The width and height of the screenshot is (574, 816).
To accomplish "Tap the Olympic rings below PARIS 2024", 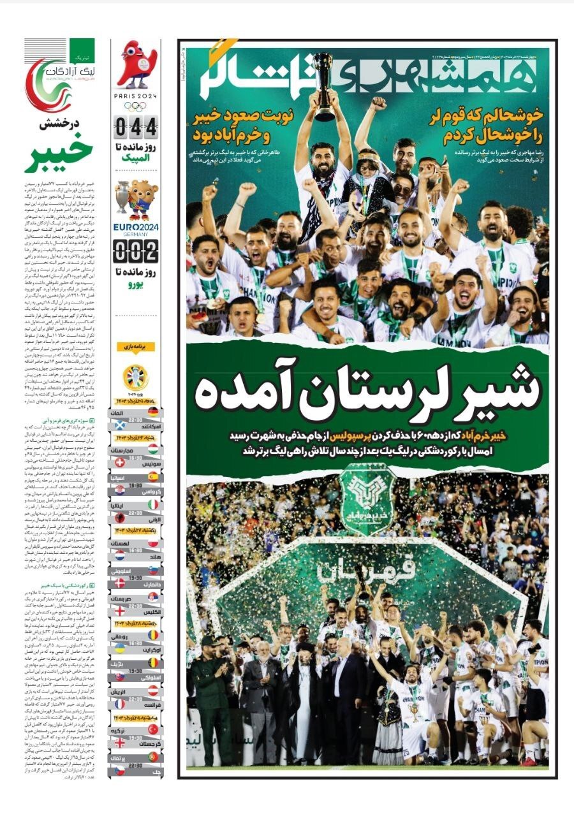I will pos(135,106).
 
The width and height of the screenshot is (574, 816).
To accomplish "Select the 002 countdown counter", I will pos(135,251).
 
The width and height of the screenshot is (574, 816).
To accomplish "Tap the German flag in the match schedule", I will pos(153,413).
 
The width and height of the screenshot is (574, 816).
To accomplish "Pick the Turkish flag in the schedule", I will pos(153,729).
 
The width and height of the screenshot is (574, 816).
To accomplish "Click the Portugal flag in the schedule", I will pos(153,755).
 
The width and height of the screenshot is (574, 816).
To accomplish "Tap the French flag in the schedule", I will pos(153,704).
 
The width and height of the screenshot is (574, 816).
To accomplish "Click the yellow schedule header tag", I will pos(136,347).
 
